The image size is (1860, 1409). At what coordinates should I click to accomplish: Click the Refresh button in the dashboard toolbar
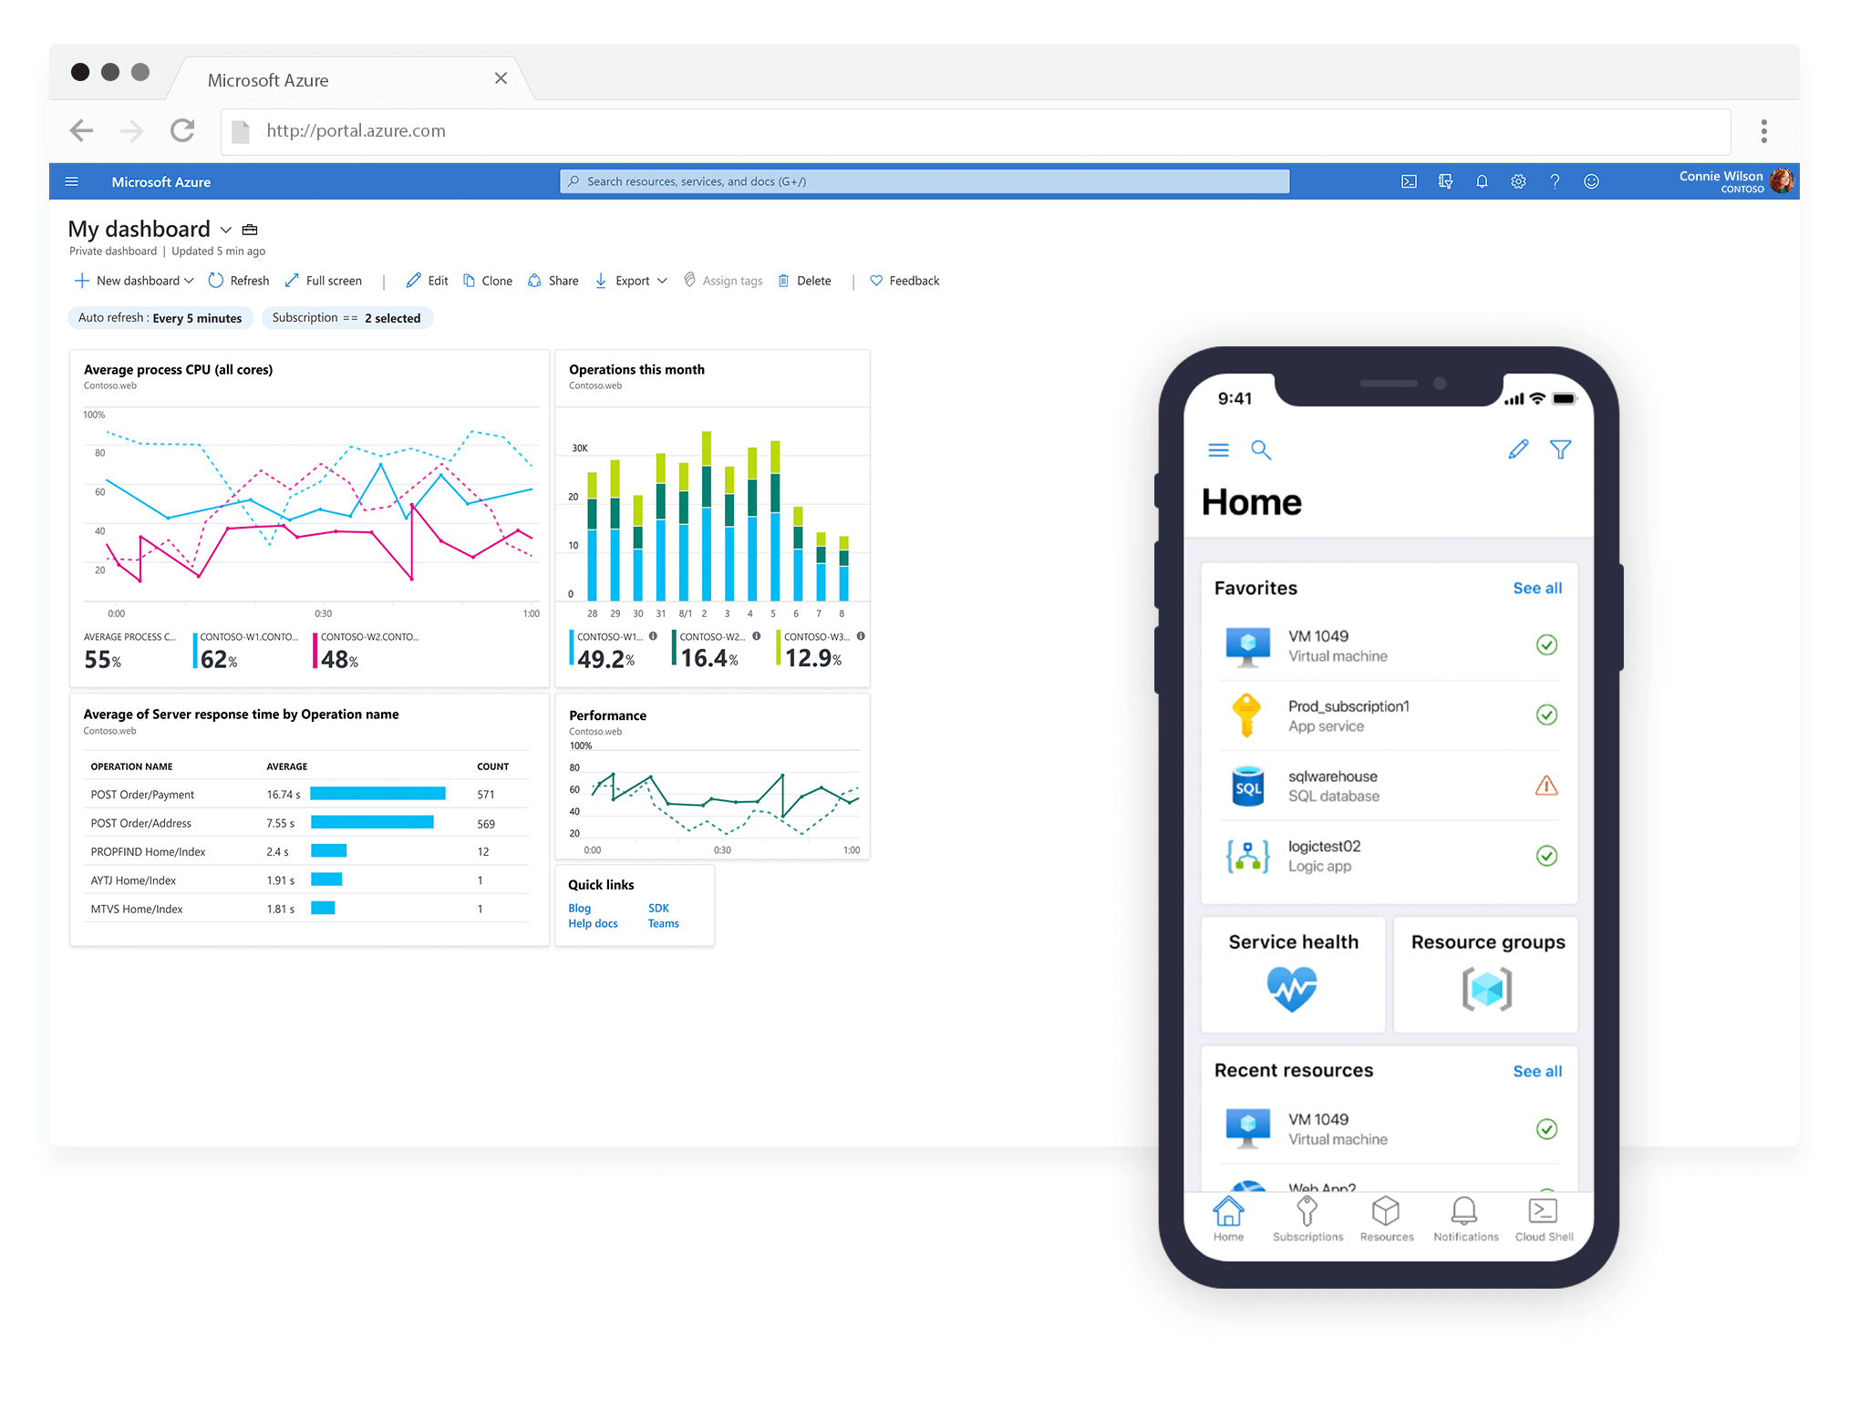click(239, 281)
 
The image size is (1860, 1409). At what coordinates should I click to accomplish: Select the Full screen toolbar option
click(324, 281)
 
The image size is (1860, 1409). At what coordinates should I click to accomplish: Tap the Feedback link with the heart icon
click(904, 281)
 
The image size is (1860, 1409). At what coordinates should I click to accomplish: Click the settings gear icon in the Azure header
click(1518, 181)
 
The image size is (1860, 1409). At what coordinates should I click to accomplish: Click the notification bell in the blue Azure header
click(1482, 181)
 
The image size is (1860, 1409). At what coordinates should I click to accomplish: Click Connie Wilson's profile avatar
click(1782, 181)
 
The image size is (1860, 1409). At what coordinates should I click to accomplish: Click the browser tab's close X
click(501, 78)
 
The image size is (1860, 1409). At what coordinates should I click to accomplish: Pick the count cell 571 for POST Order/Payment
click(486, 795)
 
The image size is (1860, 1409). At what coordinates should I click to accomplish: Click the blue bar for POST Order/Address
click(372, 823)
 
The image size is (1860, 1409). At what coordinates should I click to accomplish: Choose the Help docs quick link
click(593, 924)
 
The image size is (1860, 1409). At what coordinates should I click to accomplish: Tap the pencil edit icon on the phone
click(1518, 449)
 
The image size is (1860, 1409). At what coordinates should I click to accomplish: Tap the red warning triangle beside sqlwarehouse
click(1546, 786)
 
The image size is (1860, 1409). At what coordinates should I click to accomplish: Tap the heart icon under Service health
click(1292, 990)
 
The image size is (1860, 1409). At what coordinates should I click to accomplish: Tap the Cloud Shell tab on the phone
click(1544, 1219)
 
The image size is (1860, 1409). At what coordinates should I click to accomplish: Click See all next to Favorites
click(1537, 589)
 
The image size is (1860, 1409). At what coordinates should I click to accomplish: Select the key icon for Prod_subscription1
click(1246, 715)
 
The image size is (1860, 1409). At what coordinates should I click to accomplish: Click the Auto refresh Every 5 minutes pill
click(160, 318)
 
